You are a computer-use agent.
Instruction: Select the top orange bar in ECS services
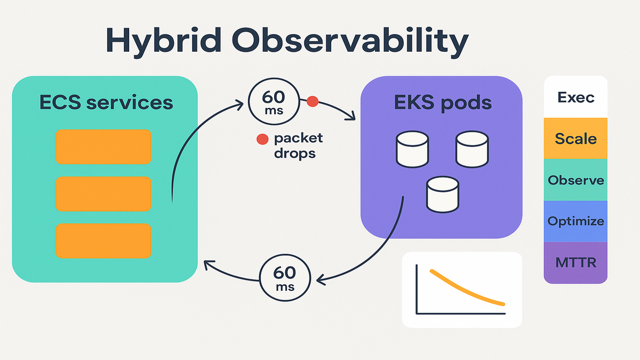[104, 146]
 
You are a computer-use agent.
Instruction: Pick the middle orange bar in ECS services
[104, 194]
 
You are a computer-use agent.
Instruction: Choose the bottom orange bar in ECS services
[104, 241]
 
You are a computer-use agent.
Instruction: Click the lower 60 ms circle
[284, 278]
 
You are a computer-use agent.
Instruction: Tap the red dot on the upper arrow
[313, 100]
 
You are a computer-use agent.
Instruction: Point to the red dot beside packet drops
[262, 139]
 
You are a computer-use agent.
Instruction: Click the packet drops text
[298, 146]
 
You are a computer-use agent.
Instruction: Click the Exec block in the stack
[575, 98]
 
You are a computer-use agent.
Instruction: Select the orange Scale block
[575, 138]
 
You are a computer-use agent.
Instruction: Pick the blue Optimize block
[575, 221]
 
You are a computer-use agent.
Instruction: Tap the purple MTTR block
[575, 262]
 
